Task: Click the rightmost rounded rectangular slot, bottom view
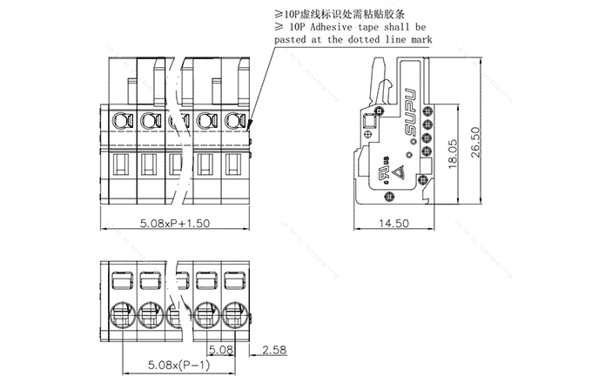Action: [232, 280]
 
